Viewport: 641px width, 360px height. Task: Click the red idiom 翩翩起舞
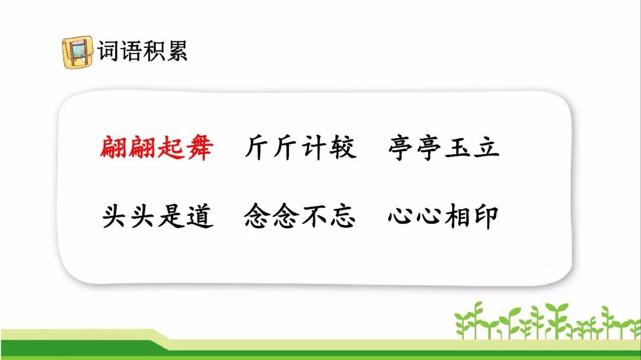(157, 147)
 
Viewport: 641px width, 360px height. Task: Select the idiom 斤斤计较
(300, 147)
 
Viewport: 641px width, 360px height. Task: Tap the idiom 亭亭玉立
(444, 147)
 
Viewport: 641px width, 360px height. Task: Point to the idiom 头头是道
(157, 216)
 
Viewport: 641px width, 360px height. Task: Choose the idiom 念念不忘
(300, 216)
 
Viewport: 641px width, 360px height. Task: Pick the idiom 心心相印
(443, 216)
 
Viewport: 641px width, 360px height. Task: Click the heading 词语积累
(142, 51)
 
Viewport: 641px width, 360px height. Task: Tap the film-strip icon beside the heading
(77, 52)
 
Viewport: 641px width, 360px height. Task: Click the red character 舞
(199, 147)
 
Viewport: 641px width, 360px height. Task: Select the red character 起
(171, 147)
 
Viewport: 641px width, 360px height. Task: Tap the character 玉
(458, 147)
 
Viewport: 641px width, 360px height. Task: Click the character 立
(487, 147)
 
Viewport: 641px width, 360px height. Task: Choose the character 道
(200, 216)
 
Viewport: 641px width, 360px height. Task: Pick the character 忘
(342, 216)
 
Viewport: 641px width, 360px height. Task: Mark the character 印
(485, 216)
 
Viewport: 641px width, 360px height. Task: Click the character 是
(172, 216)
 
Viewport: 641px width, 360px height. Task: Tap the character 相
(457, 216)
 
